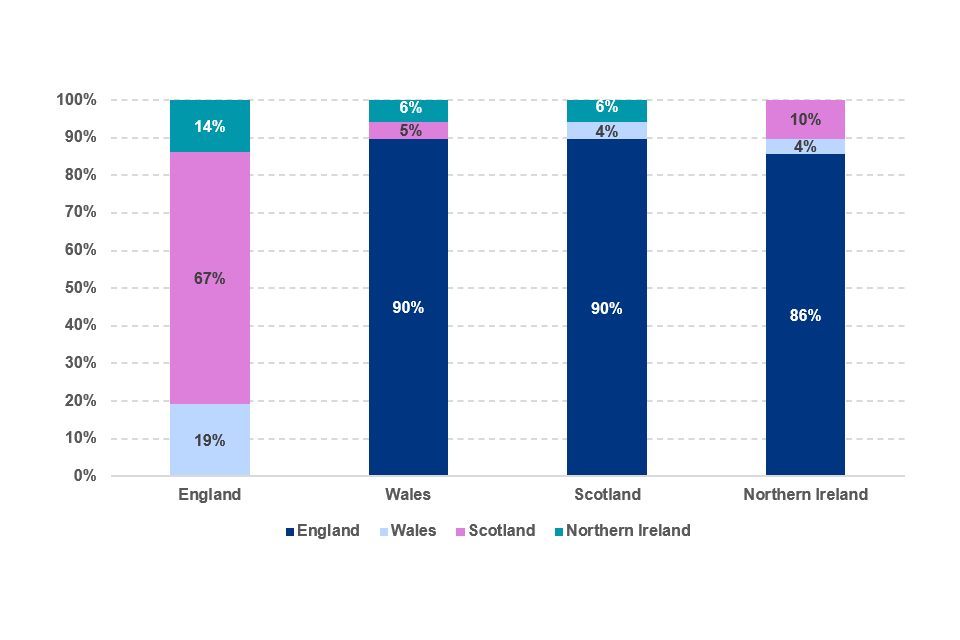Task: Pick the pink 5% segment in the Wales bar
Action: [408, 130]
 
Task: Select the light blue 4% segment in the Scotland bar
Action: [606, 130]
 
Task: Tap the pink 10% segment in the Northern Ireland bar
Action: [805, 119]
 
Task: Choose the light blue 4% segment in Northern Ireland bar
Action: [805, 146]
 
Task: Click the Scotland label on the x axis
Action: [607, 495]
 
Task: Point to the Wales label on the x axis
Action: [408, 495]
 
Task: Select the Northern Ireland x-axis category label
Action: [805, 495]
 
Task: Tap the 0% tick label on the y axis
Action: [83, 476]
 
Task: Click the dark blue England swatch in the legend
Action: [291, 531]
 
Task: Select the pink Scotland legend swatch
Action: [462, 531]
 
